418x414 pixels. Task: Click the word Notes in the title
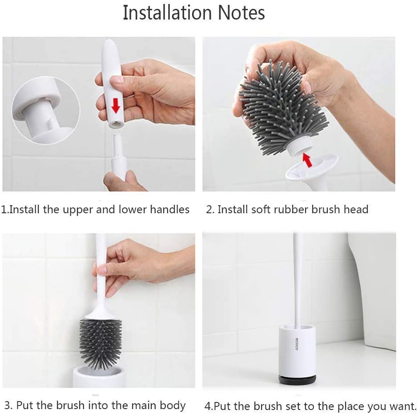pos(241,12)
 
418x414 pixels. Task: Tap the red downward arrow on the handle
pos(116,105)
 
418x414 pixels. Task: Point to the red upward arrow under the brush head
pos(307,159)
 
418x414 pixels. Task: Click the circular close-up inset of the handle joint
pos(46,111)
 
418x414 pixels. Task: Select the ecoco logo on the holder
pos(297,344)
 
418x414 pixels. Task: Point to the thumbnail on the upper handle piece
pos(116,80)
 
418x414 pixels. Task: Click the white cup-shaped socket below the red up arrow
pos(311,171)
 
